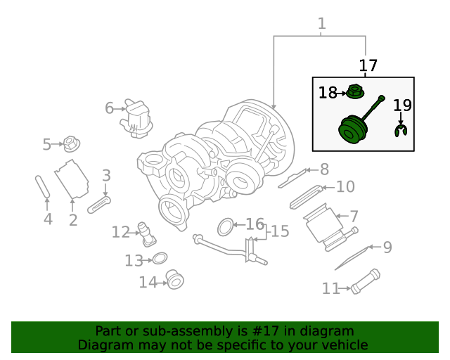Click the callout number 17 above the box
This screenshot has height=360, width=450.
pyautogui.click(x=368, y=66)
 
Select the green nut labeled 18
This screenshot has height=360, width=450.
pyautogui.click(x=356, y=91)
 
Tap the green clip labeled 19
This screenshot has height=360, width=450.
pyautogui.click(x=401, y=130)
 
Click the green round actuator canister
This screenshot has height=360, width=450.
pyautogui.click(x=353, y=129)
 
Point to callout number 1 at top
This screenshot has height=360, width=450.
pyautogui.click(x=321, y=24)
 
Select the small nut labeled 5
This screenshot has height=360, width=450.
pyautogui.click(x=71, y=144)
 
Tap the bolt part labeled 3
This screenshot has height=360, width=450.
pyautogui.click(x=100, y=205)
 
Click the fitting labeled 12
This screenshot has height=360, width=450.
pyautogui.click(x=146, y=233)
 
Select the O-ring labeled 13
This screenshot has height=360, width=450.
pyautogui.click(x=160, y=259)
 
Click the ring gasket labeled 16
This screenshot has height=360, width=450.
pyautogui.click(x=225, y=226)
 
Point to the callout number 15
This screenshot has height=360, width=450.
pyautogui.click(x=280, y=231)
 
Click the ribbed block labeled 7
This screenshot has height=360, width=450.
pyautogui.click(x=323, y=226)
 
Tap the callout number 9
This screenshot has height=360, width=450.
pyautogui.click(x=387, y=247)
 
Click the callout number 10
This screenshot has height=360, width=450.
pyautogui.click(x=345, y=187)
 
